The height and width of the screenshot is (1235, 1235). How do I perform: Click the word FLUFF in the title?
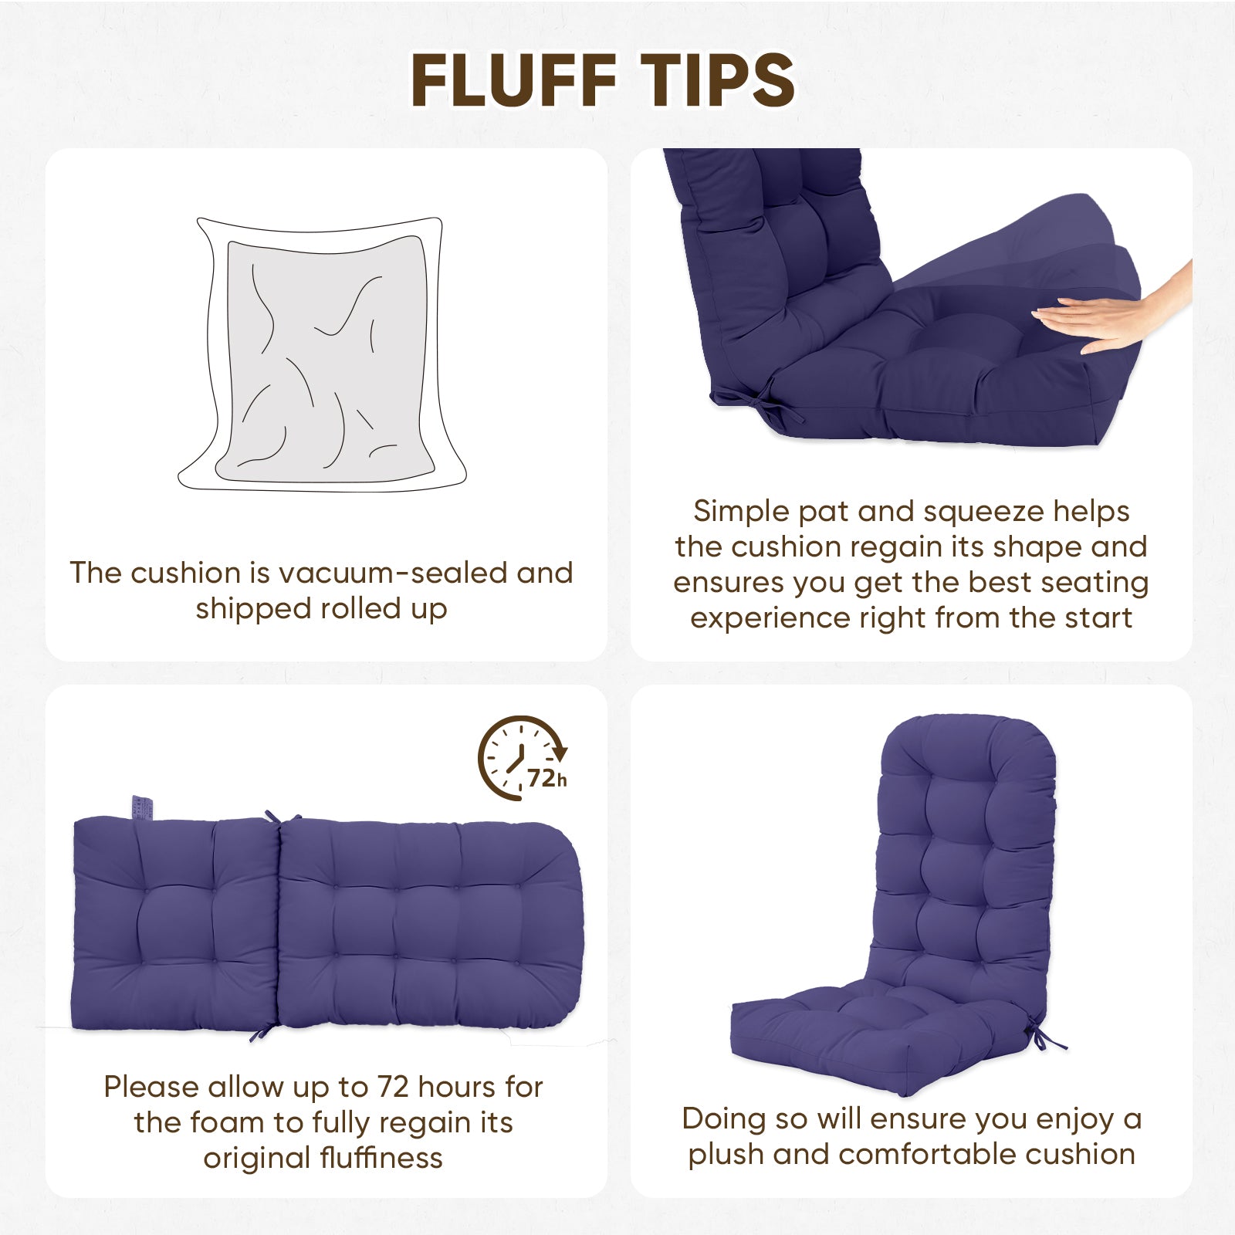(513, 80)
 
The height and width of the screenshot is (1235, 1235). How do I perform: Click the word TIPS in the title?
(718, 80)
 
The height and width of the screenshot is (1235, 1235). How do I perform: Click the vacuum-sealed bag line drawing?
(323, 354)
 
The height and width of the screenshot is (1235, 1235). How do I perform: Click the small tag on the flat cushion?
(142, 807)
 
